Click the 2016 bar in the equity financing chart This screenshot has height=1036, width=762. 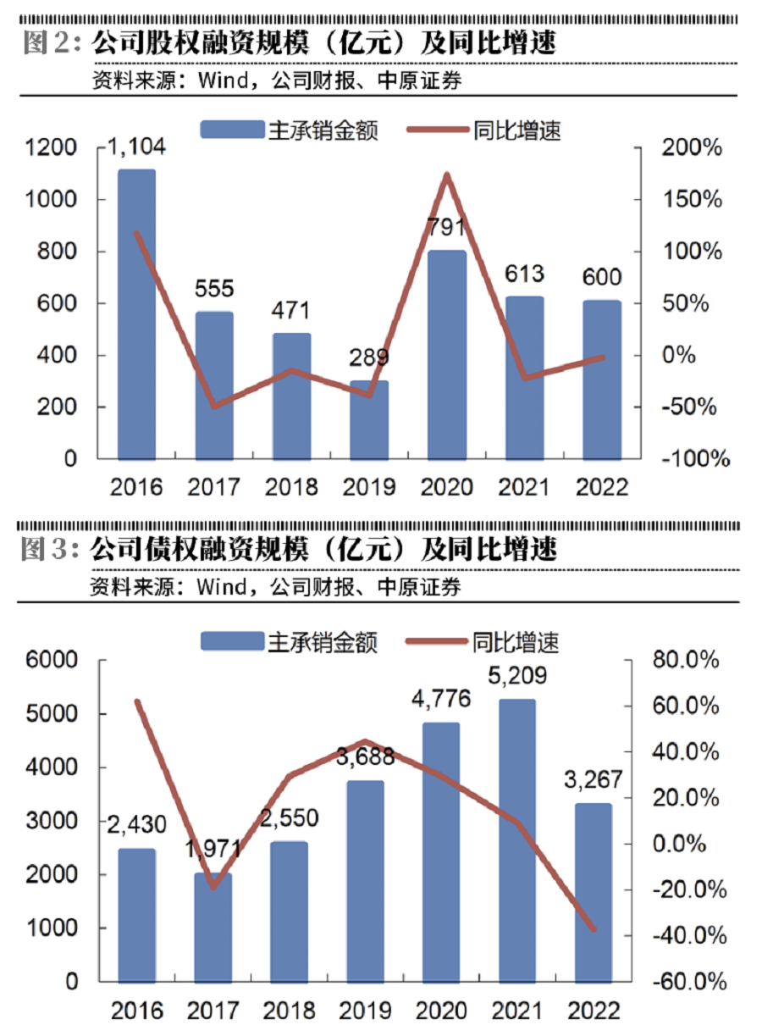136,313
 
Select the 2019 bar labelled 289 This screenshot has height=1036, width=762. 368,419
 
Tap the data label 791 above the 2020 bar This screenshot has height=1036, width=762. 446,230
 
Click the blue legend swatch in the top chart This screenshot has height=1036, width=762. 230,130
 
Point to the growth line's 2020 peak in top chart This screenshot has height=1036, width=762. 446,175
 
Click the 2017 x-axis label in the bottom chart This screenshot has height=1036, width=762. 213,1011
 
